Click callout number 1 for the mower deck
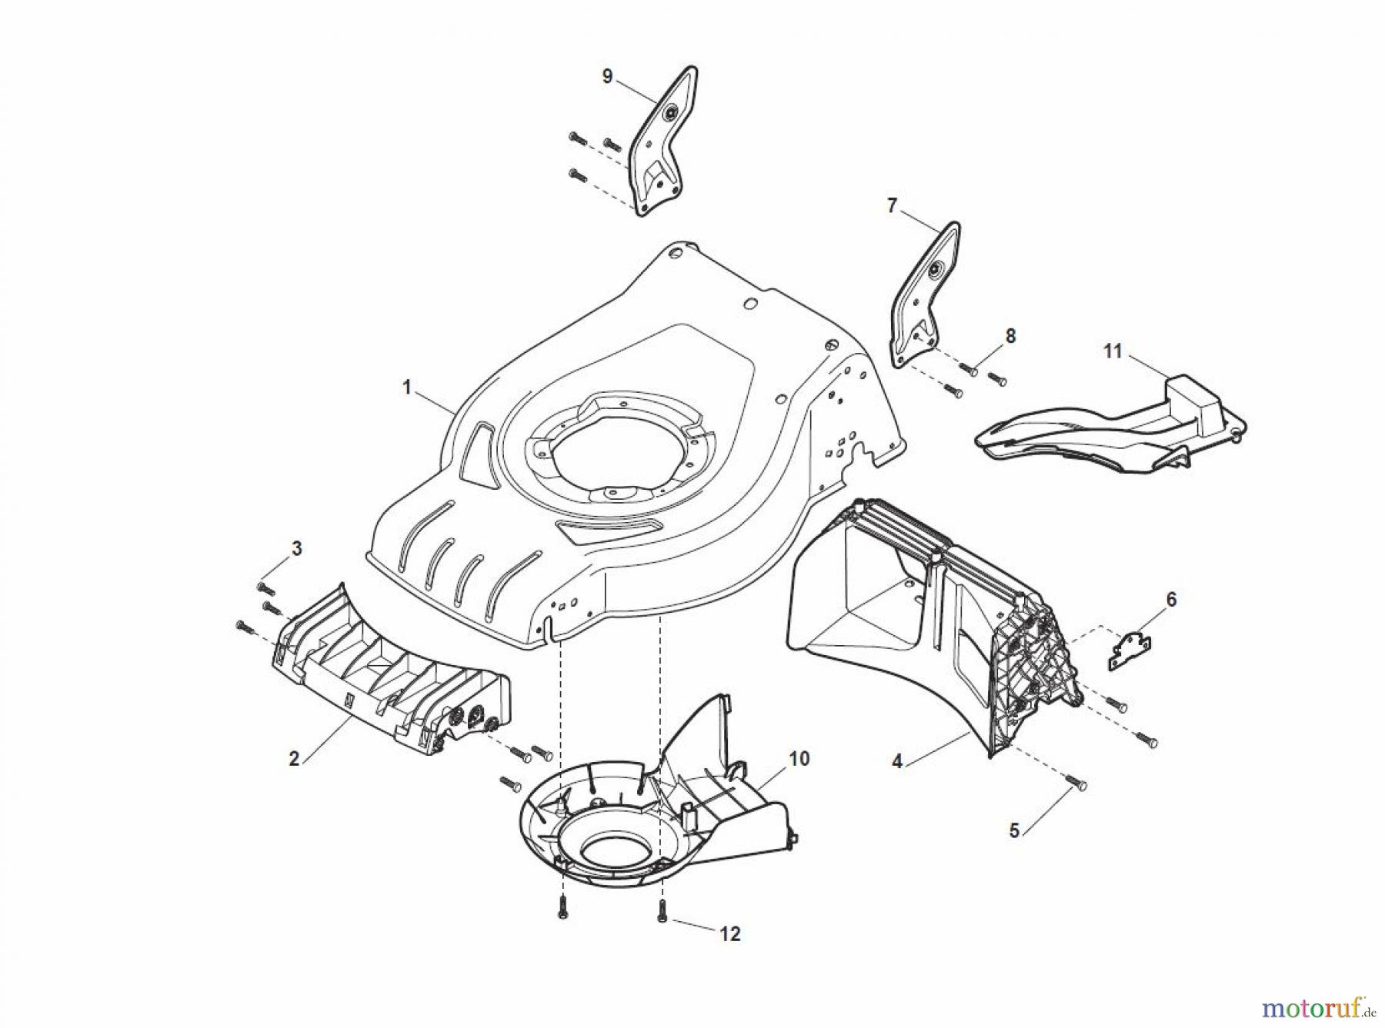coord(408,387)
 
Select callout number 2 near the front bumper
coord(294,759)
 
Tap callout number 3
coord(296,549)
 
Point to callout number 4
coord(897,762)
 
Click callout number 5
coord(1015,831)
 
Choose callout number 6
coord(1171,600)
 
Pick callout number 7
coord(892,206)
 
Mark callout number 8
coord(1010,336)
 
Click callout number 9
coord(607,77)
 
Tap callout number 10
coord(799,759)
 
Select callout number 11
coord(1113,351)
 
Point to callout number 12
coord(729,934)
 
